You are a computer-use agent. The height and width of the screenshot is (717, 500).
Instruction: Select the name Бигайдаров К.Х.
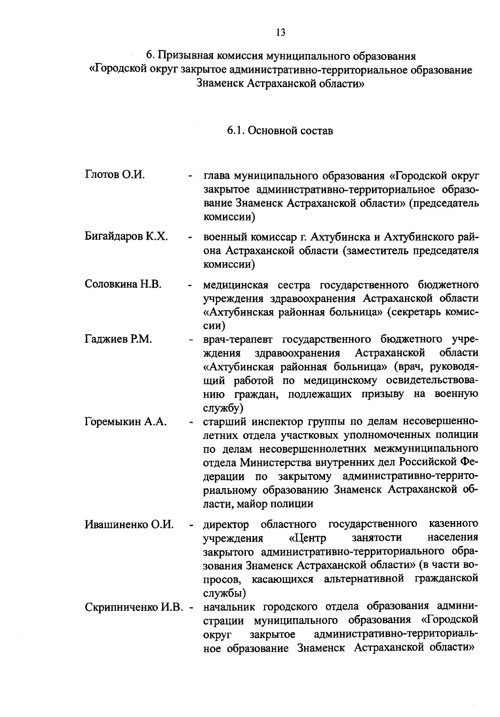pos(126,237)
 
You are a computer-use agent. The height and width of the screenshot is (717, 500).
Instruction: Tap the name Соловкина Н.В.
pos(123,284)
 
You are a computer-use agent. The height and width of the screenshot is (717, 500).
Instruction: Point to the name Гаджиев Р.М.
pos(118,339)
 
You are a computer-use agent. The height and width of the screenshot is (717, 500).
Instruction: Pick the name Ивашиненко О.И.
pos(129,524)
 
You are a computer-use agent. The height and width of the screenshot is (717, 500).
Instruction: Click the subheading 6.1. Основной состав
pos(280,130)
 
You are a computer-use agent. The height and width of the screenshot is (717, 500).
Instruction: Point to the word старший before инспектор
pos(222,421)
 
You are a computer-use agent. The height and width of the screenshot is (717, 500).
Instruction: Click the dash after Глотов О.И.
pos(190,176)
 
